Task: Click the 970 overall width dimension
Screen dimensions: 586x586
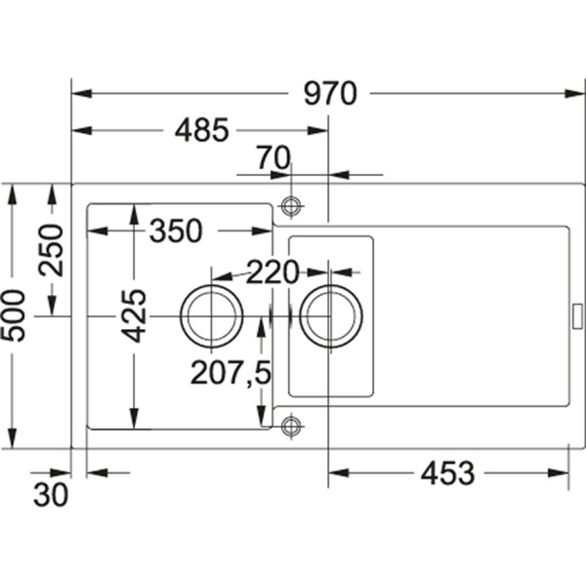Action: click(329, 94)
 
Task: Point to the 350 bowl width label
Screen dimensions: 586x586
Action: click(176, 231)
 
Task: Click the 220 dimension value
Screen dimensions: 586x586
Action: click(272, 272)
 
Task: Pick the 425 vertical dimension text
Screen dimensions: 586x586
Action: click(134, 314)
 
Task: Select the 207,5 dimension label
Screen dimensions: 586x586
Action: click(230, 372)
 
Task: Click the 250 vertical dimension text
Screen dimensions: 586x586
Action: click(51, 250)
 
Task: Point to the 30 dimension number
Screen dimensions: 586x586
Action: click(51, 495)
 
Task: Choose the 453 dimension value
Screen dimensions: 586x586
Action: click(447, 474)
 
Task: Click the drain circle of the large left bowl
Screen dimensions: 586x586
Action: click(211, 317)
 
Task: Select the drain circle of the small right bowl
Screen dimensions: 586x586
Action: click(331, 316)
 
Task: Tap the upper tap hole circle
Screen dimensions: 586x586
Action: click(290, 206)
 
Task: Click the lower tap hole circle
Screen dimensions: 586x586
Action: click(290, 425)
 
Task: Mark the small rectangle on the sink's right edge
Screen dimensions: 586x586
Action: click(576, 315)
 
